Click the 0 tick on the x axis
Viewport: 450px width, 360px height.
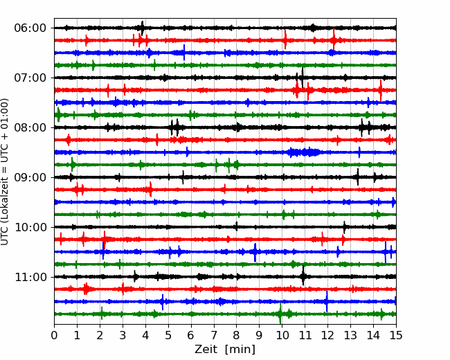[x=55, y=336]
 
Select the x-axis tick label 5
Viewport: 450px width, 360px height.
[x=168, y=336]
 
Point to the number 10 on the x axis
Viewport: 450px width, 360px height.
[x=282, y=336]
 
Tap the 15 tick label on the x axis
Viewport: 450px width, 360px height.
[x=395, y=336]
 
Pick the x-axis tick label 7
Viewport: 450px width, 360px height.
[x=214, y=336]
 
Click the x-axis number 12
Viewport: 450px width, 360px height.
[x=327, y=336]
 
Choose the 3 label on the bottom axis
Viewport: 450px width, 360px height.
[x=123, y=336]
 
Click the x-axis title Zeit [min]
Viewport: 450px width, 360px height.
[x=225, y=350]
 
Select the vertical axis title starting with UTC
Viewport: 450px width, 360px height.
[x=6, y=172]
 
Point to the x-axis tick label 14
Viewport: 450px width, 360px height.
[x=372, y=336]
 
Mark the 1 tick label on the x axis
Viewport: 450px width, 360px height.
[x=78, y=336]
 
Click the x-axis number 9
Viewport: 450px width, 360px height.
[x=259, y=336]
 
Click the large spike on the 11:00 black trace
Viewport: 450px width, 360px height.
[x=303, y=276]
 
